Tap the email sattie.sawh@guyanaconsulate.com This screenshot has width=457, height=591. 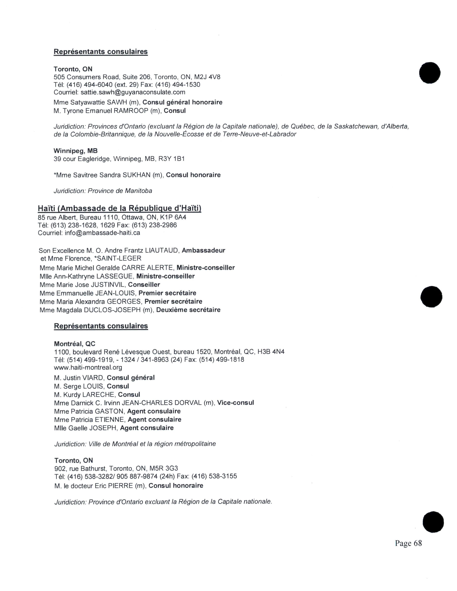(133, 92)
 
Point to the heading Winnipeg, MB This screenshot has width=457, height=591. (75, 151)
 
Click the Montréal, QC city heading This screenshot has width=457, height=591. (75, 344)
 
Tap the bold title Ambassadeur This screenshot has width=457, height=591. (203, 251)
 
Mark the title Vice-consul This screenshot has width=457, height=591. (235, 403)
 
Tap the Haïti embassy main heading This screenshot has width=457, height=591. (119, 208)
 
